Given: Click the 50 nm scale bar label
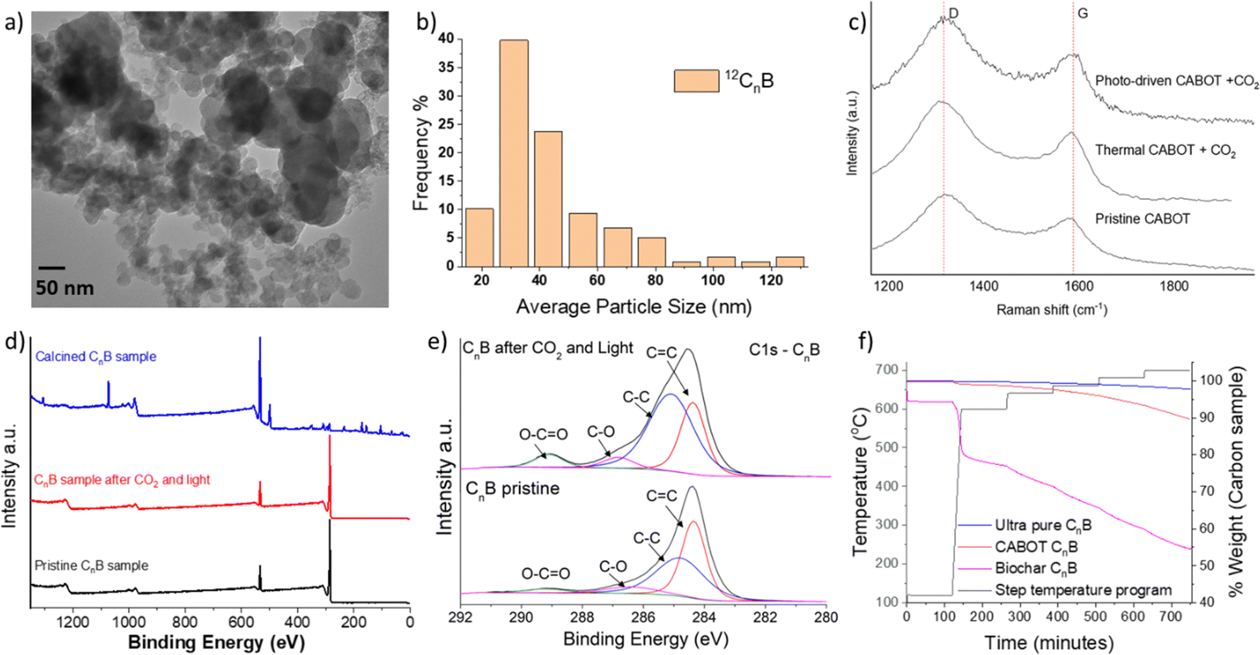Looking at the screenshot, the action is coord(64,288).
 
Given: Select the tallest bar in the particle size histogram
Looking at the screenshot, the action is coord(514,153).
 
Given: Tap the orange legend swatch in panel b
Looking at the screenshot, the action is coord(696,81).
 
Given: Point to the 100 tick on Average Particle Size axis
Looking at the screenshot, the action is coord(713,280).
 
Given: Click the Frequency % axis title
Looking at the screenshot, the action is coord(422,153).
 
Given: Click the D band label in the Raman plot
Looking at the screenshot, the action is coord(953,13).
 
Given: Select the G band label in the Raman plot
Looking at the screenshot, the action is coord(1083,13).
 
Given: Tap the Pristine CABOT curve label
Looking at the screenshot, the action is coord(1142,219).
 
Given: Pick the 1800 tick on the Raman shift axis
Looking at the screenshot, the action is coord(1174,286).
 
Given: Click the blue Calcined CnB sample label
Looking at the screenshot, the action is coord(95,357).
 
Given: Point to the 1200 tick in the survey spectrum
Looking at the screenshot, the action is coord(73,622).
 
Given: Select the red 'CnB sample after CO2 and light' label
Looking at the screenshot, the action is coord(121,480).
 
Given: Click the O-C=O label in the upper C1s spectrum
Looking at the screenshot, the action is coord(543,433).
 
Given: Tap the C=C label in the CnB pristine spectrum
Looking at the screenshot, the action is coord(661,496).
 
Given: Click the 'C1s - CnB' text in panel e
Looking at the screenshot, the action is coord(785,350).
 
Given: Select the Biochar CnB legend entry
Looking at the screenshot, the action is coord(1036,569).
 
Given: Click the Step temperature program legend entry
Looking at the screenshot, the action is coord(1065,591).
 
